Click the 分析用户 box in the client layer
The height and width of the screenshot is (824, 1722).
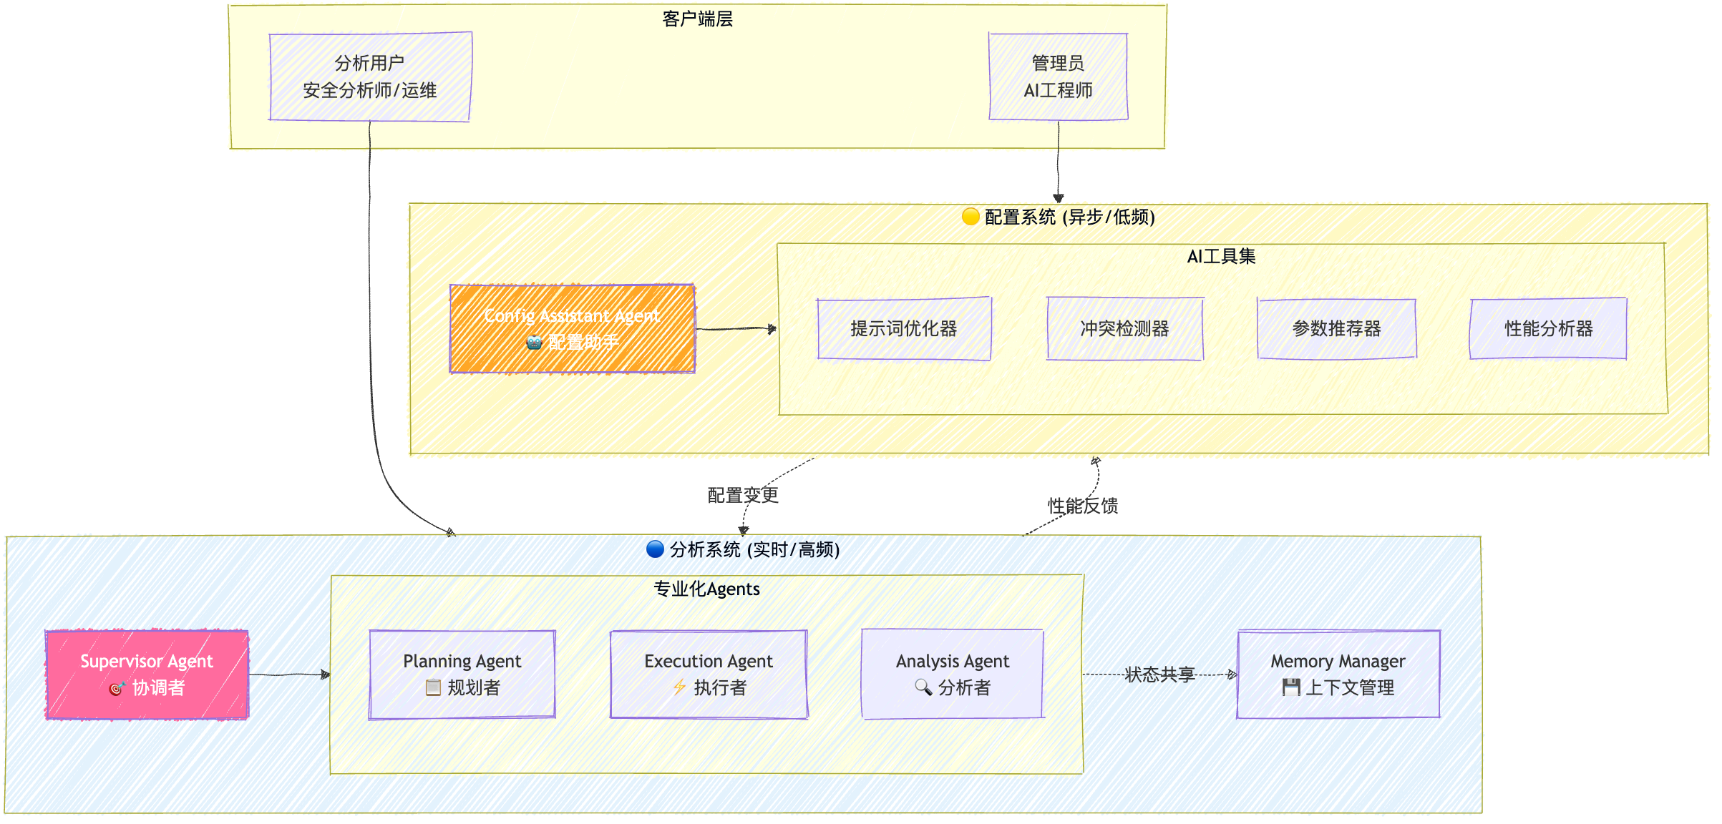click(x=370, y=77)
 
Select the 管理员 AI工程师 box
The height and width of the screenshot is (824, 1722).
click(x=1058, y=77)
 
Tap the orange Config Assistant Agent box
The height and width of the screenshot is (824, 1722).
click(x=572, y=329)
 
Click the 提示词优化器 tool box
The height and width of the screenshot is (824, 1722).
click(x=904, y=329)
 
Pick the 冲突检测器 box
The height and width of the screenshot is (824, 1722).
click(x=1124, y=329)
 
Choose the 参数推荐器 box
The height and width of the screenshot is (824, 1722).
click(x=1336, y=329)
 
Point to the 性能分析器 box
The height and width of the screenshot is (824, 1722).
click(x=1548, y=329)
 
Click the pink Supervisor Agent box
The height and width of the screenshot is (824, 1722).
click(x=147, y=675)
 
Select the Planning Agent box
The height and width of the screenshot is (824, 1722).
click(x=462, y=675)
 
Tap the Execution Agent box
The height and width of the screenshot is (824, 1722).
click(x=709, y=675)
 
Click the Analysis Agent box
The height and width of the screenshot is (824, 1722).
click(x=953, y=675)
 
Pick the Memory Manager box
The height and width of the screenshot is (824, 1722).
click(x=1338, y=675)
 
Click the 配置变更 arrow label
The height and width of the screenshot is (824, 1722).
click(x=743, y=495)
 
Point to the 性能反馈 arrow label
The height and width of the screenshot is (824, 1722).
click(x=1083, y=506)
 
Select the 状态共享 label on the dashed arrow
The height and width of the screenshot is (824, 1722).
click(x=1159, y=675)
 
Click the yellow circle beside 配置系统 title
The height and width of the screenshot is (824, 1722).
click(x=971, y=217)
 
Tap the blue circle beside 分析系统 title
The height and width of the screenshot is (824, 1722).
click(x=655, y=549)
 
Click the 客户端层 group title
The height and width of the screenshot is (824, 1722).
click(x=697, y=19)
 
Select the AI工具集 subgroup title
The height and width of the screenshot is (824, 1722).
click(x=1221, y=256)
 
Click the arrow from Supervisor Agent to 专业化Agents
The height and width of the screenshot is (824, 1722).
click(x=289, y=675)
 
